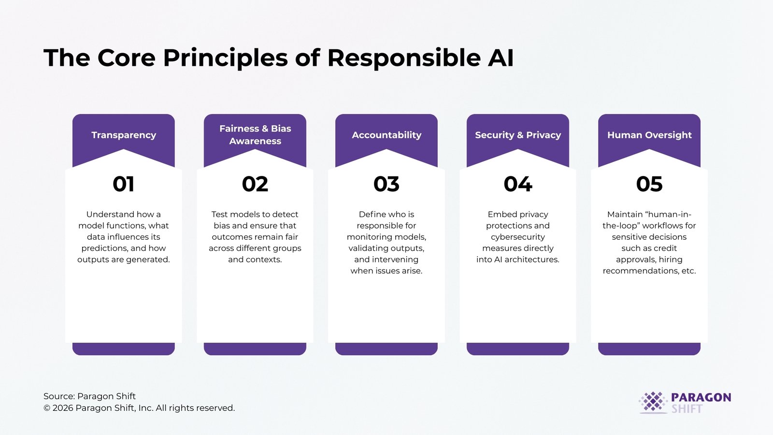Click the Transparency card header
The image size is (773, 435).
124,135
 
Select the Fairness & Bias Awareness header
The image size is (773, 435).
255,135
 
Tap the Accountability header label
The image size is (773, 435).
386,135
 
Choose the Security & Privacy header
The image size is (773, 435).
518,135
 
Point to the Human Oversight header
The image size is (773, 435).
649,135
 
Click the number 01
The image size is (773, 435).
124,184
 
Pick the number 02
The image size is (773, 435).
255,184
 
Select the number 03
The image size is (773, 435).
386,184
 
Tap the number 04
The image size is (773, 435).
518,184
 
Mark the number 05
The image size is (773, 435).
649,184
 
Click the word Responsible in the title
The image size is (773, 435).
404,58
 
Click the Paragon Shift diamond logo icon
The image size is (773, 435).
653,402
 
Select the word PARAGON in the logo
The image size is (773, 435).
701,397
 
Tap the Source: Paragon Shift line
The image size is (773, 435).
89,396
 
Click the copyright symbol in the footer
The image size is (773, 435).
47,408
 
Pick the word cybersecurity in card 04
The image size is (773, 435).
518,237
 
